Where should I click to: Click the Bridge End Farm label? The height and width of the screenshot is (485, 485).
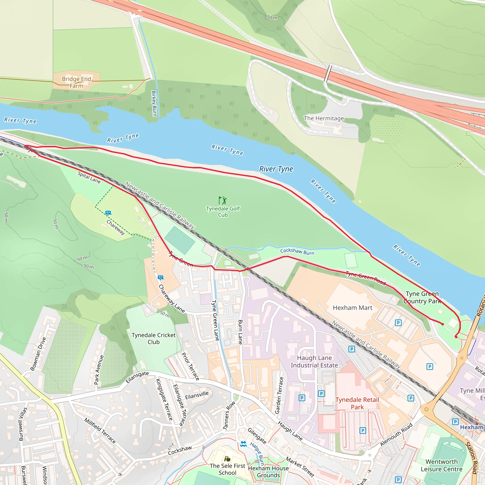pos(76,82)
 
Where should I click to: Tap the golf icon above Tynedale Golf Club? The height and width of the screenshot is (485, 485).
pos(222,200)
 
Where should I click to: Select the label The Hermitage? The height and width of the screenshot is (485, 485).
pos(323,118)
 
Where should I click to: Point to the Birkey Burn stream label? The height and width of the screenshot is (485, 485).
pos(154,103)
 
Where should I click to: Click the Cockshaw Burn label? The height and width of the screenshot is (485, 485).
pos(297,251)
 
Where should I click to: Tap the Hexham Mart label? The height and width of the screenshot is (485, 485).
pos(352,308)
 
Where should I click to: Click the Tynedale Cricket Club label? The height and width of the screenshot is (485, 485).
pos(153,338)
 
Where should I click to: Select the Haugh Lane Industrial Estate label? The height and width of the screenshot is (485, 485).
pos(314,361)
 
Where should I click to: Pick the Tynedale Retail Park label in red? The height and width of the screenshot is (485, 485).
pos(357,403)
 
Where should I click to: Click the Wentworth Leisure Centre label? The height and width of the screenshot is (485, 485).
pos(441,465)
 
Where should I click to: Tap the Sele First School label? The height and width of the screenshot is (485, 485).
pos(227,469)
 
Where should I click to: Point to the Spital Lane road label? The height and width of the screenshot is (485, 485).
pos(89,177)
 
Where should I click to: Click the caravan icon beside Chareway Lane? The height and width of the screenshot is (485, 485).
pos(160,277)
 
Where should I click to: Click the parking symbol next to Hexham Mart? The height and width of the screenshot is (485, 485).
pos(398,323)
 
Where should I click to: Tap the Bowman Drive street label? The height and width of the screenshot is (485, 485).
pos(38,354)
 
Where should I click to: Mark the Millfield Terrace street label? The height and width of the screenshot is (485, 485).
pos(100,431)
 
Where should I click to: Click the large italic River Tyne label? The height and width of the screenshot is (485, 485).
pos(276,169)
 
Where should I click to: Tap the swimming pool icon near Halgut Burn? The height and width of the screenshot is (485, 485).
pos(243,444)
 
